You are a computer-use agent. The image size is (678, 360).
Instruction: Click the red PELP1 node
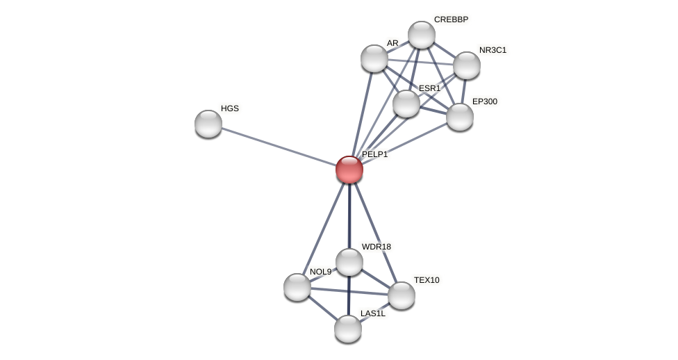click(349, 170)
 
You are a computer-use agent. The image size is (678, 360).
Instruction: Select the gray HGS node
click(208, 124)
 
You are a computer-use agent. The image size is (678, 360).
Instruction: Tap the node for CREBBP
click(422, 35)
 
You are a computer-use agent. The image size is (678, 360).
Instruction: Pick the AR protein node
click(374, 58)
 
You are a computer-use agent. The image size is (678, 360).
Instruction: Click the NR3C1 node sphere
click(467, 65)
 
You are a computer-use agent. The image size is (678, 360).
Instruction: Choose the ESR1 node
click(406, 104)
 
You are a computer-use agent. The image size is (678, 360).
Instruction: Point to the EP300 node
click(460, 117)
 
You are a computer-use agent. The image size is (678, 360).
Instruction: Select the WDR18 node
click(349, 262)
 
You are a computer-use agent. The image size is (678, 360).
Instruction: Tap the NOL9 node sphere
click(297, 287)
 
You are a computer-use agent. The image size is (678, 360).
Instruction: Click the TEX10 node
click(402, 295)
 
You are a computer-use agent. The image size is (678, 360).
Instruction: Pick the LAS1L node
click(348, 329)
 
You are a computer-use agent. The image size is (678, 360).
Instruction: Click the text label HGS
click(230, 108)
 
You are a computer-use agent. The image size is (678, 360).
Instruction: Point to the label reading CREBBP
click(451, 19)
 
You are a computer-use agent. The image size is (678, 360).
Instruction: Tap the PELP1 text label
click(375, 154)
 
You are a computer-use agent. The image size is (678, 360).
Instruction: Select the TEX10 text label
click(427, 280)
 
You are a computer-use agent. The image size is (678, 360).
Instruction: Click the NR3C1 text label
click(493, 50)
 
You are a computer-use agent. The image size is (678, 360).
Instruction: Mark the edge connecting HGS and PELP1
click(279, 147)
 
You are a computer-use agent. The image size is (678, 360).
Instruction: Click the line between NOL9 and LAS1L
click(322, 308)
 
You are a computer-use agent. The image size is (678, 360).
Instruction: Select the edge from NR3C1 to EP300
click(463, 91)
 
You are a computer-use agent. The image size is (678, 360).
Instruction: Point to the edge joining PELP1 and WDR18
click(349, 216)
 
